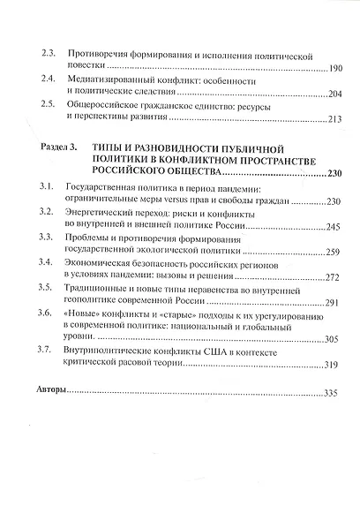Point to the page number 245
pyautogui.click(x=329, y=227)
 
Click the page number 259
pyautogui.click(x=329, y=253)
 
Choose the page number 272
pyautogui.click(x=329, y=277)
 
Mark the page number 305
pyautogui.click(x=328, y=339)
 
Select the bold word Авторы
pyautogui.click(x=48, y=389)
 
